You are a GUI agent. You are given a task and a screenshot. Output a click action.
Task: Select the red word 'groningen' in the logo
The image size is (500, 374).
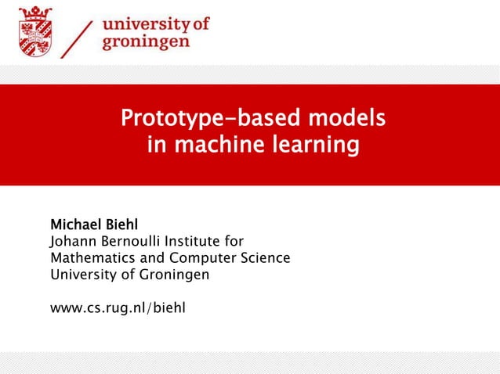tap(146, 41)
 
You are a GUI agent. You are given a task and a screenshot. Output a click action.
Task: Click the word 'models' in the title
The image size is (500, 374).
tap(345, 119)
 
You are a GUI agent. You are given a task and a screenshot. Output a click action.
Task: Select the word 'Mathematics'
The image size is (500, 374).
tap(88, 257)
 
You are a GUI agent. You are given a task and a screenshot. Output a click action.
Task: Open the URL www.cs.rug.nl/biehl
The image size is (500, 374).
tap(118, 307)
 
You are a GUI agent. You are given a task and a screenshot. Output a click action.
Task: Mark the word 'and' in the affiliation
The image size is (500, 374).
tap(142, 257)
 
